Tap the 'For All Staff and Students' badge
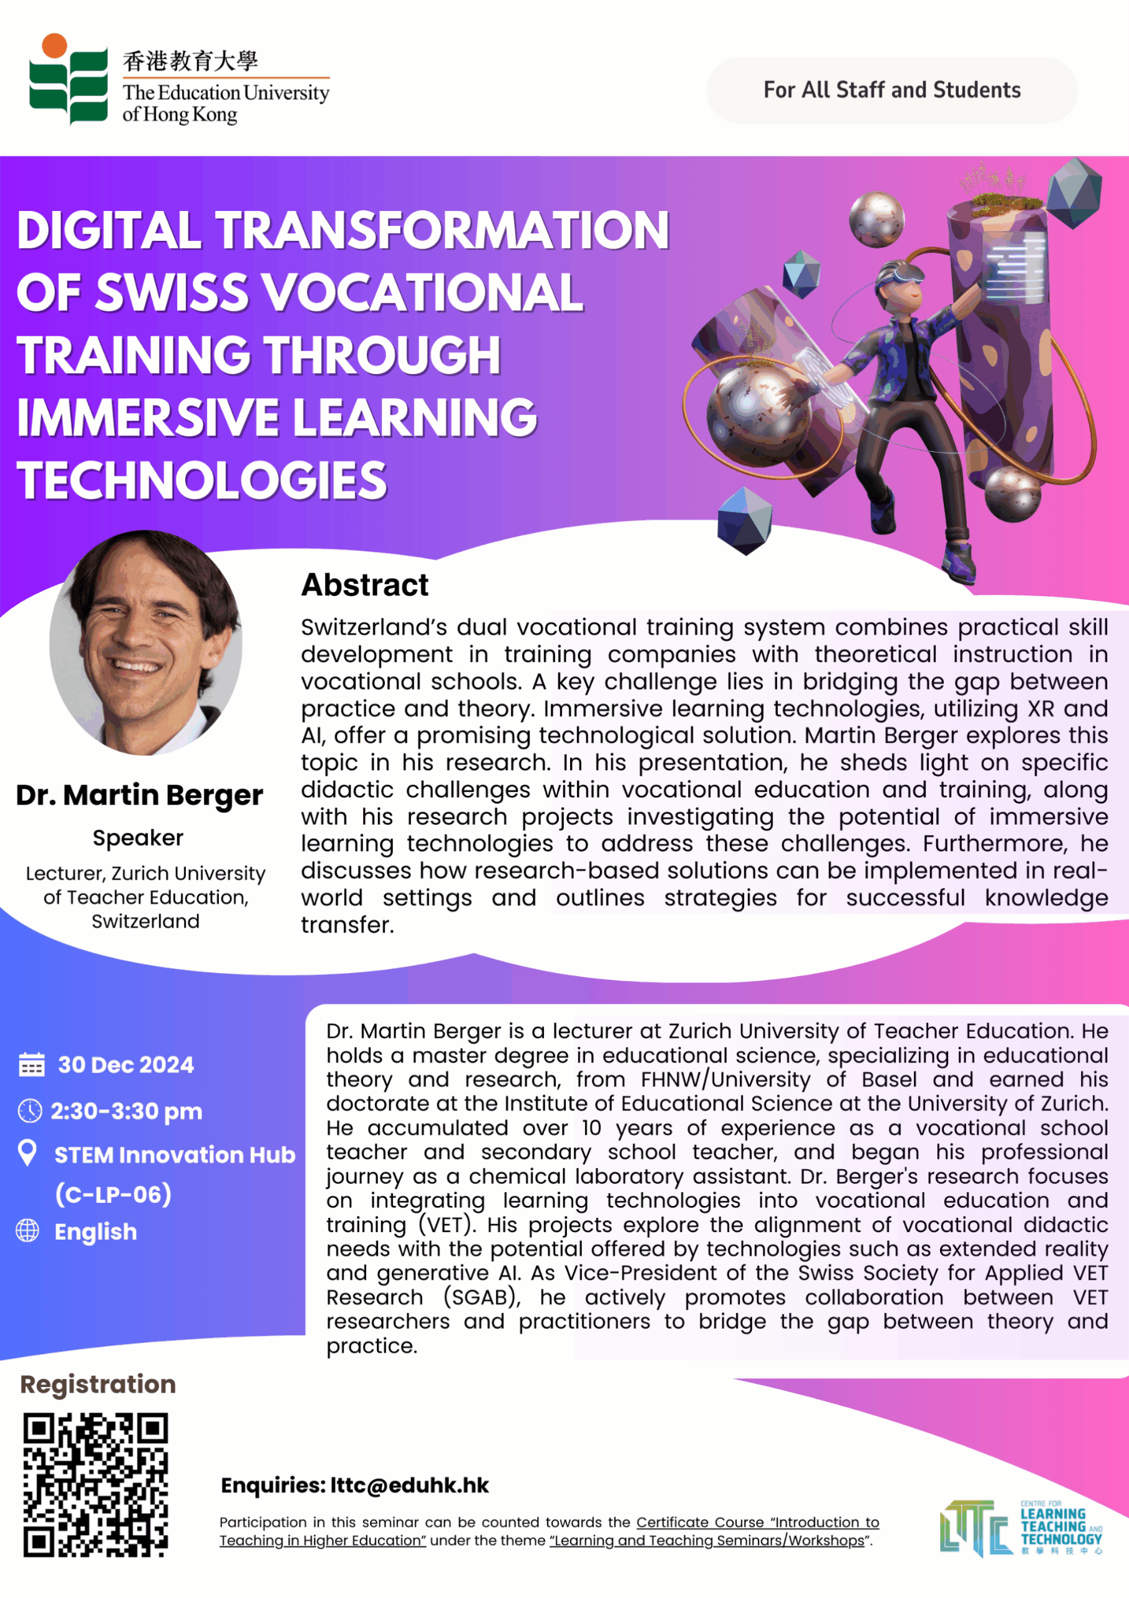(891, 91)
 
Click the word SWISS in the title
(171, 292)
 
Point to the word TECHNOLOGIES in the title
(201, 480)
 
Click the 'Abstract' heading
(364, 585)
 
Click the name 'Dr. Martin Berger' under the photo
(139, 795)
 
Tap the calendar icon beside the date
(31, 1064)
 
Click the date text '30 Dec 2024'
(126, 1065)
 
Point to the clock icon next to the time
(30, 1111)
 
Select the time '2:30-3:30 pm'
(127, 1112)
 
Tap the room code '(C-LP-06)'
(114, 1194)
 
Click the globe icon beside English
(28, 1230)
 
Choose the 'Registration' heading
(98, 1385)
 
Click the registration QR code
(96, 1484)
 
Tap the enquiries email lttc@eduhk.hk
(409, 1485)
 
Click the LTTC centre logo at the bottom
(1020, 1529)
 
